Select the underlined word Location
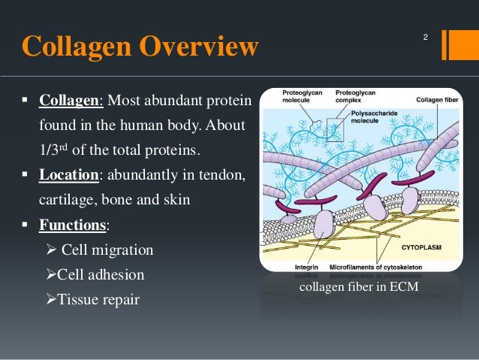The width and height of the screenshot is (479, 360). pyautogui.click(x=69, y=174)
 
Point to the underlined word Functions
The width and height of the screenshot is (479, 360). pyautogui.click(x=73, y=224)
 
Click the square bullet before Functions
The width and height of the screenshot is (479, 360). pyautogui.click(x=25, y=224)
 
